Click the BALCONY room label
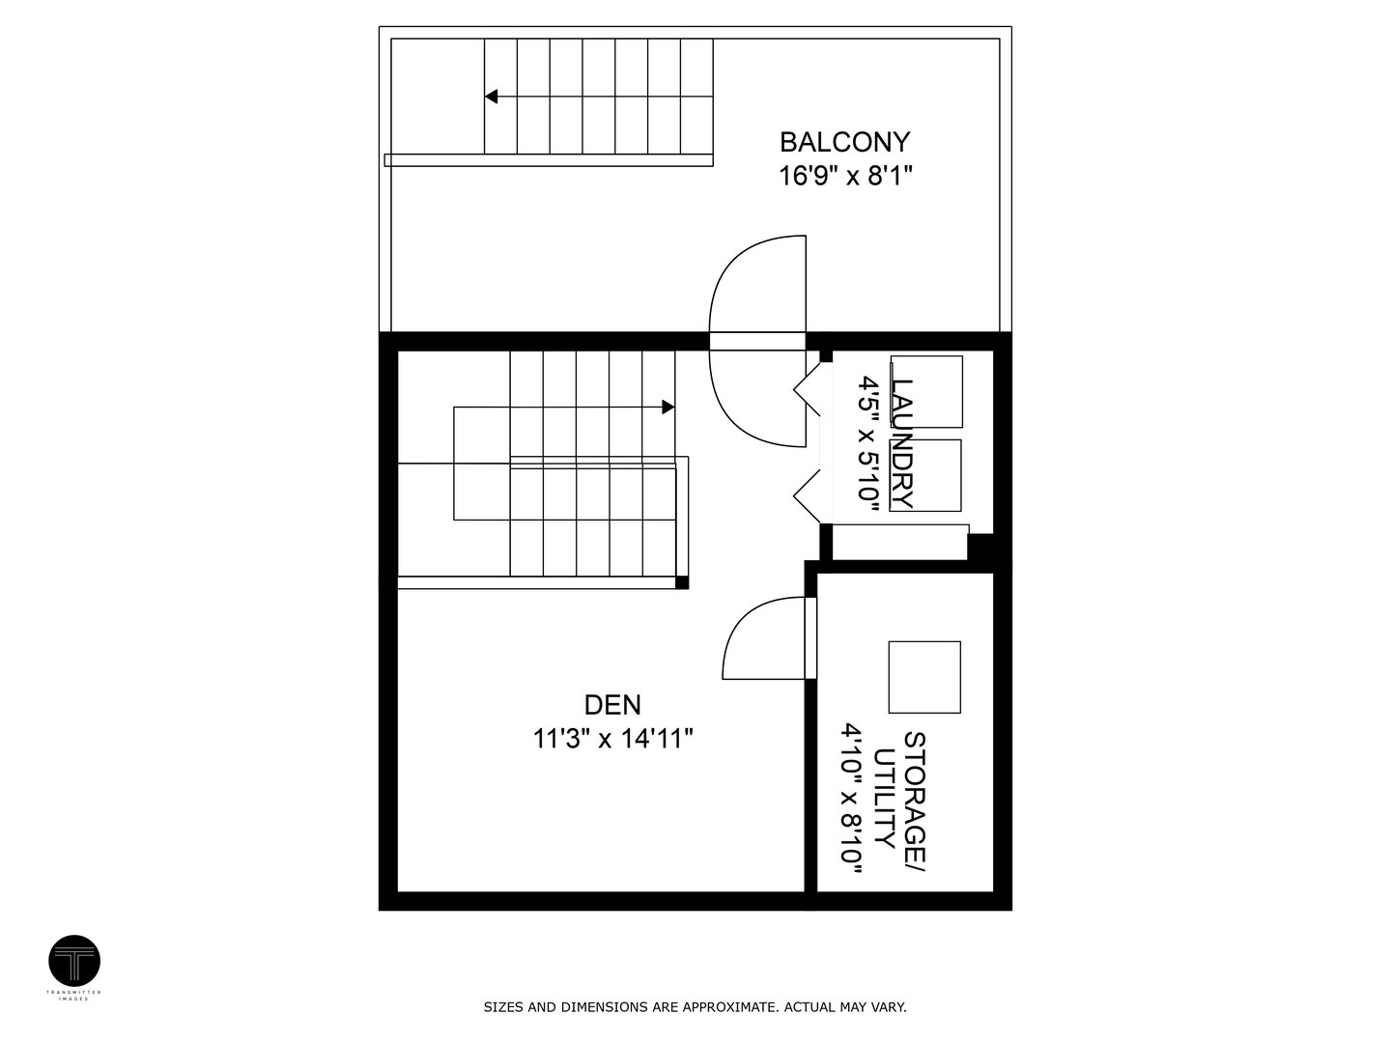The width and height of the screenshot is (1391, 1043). click(x=844, y=142)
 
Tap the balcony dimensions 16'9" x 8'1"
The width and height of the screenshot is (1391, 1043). click(x=845, y=176)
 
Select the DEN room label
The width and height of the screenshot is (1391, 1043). click(x=612, y=704)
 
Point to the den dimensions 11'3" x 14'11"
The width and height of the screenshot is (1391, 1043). click(x=612, y=739)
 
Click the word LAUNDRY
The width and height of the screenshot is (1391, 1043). click(x=902, y=443)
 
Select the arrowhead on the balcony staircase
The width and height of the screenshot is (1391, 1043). click(x=491, y=96)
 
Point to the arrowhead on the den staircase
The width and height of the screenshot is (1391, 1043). click(x=667, y=407)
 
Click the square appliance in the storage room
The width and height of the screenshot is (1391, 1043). click(x=924, y=677)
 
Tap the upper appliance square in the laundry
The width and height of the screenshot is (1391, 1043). click(x=926, y=391)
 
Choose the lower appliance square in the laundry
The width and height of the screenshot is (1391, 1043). click(x=926, y=475)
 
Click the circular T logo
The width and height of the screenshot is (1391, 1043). click(x=74, y=961)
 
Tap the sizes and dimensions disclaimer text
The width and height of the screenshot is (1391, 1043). click(x=695, y=1007)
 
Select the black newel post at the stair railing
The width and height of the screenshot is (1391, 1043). click(x=682, y=582)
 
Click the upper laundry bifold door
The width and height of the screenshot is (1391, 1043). click(x=808, y=391)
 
